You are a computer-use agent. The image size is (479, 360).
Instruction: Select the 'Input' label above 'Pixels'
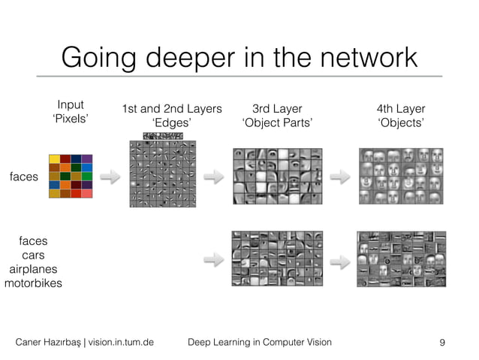[x=71, y=105]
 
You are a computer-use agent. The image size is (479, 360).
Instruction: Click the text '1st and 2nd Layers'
[x=172, y=110]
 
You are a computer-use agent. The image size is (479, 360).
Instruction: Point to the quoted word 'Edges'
[x=172, y=123]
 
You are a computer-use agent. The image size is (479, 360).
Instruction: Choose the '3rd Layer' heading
[x=276, y=110]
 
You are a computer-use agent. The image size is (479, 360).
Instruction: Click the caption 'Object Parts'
[x=276, y=123]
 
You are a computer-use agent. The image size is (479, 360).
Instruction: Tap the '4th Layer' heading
[x=400, y=110]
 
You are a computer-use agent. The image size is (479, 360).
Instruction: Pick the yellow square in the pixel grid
[x=54, y=159]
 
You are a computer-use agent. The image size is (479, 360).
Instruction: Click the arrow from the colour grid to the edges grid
[x=110, y=177]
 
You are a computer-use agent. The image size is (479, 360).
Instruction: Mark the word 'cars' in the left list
[x=33, y=256]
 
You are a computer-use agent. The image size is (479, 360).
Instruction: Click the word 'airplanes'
[x=33, y=269]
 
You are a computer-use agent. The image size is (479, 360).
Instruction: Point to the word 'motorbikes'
[x=33, y=283]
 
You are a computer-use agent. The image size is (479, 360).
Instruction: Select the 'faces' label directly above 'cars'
[x=33, y=241]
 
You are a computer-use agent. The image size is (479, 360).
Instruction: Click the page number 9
[x=442, y=342]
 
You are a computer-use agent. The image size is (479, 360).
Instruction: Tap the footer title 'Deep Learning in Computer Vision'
[x=258, y=342]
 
